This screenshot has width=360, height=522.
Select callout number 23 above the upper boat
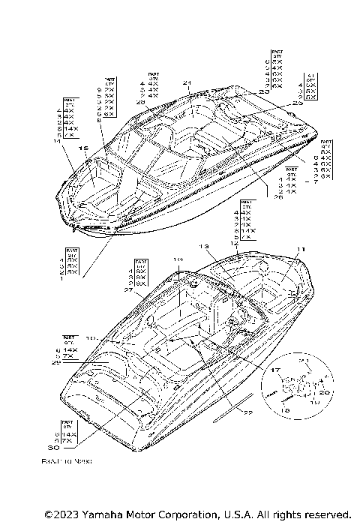(263, 91)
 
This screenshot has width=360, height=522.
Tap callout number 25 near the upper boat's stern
(297, 103)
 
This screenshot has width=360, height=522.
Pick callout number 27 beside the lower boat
(128, 289)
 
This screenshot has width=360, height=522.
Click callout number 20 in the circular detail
(325, 392)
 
